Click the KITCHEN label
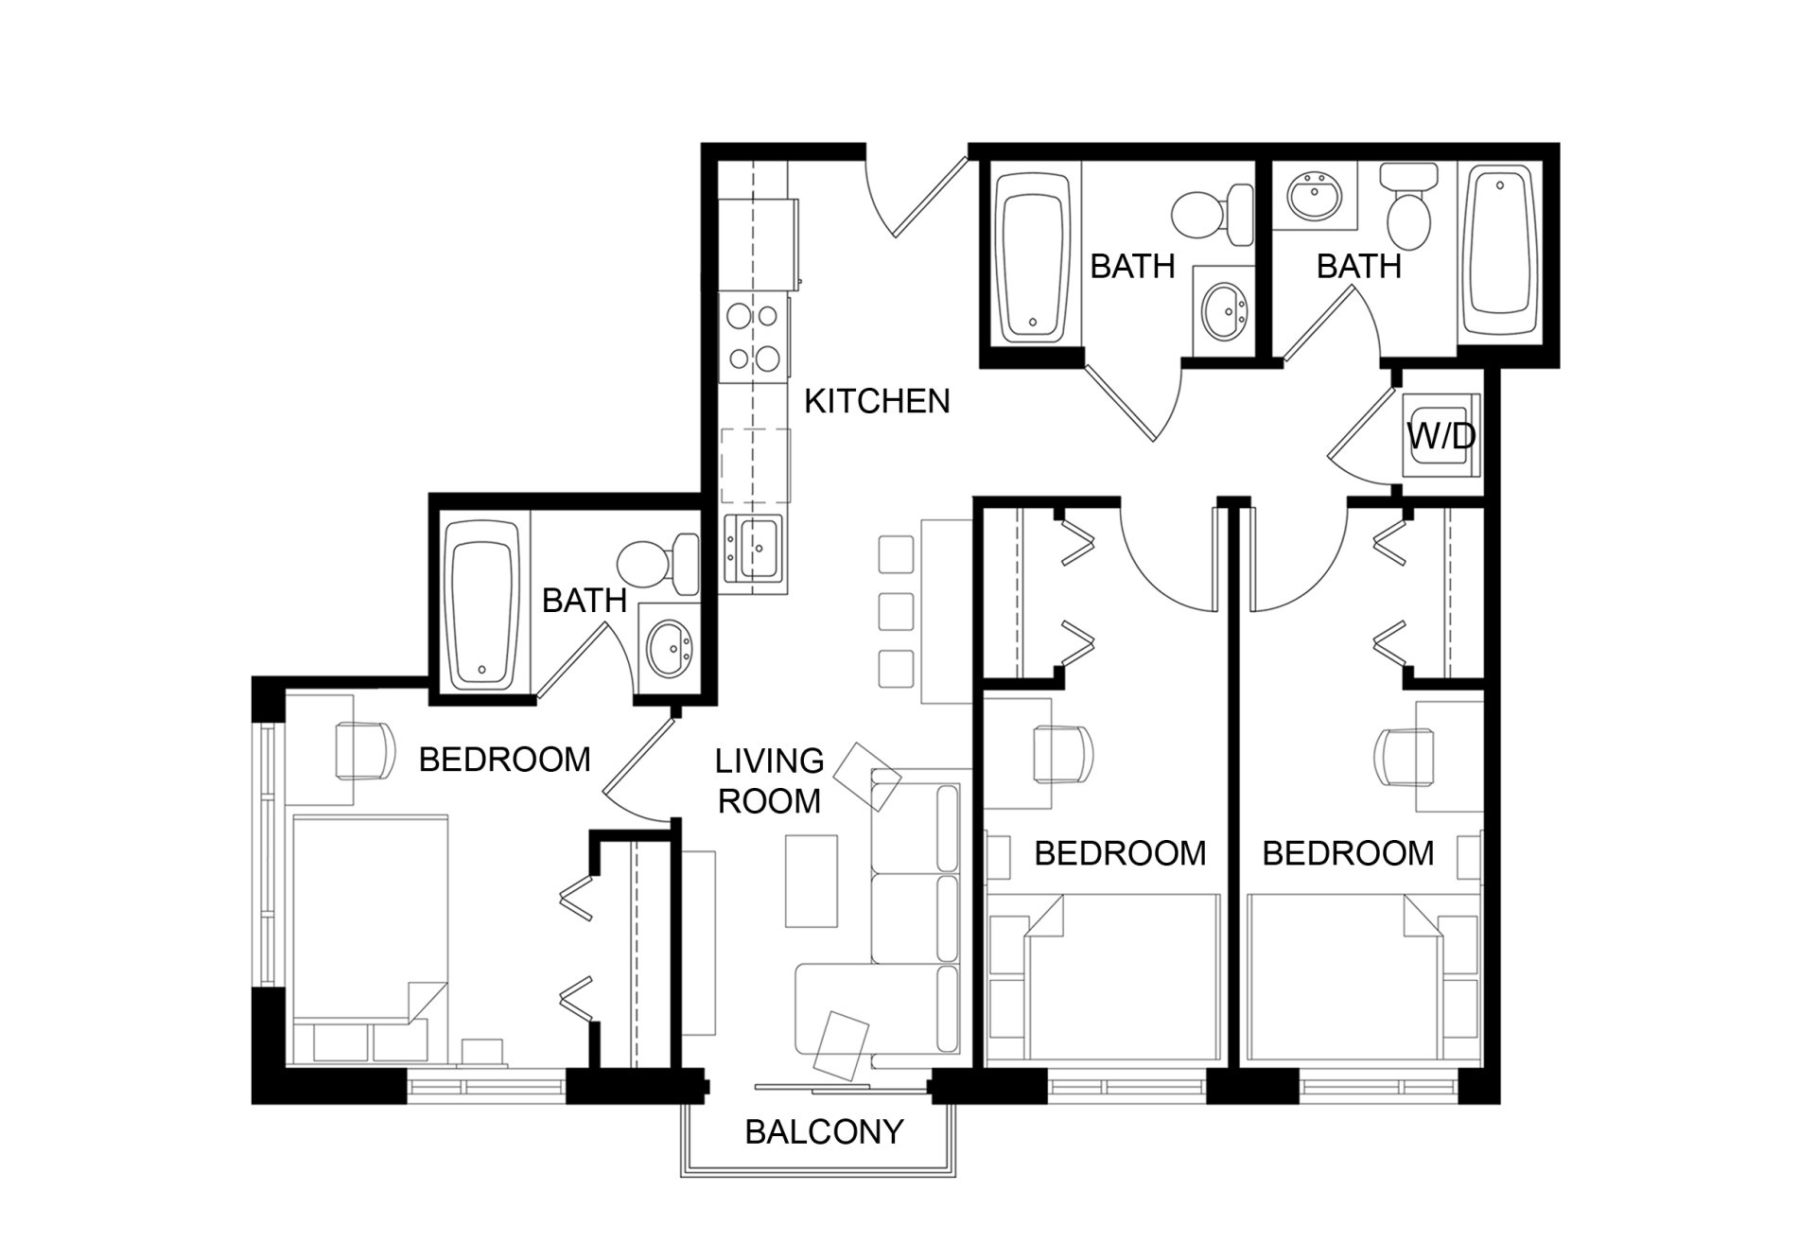tap(877, 401)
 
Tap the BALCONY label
tap(824, 1131)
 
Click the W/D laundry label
tap(1441, 436)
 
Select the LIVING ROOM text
tap(769, 780)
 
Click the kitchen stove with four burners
tap(754, 336)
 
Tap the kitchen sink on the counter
tap(754, 549)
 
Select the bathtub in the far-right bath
tap(1500, 252)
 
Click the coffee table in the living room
tap(812, 881)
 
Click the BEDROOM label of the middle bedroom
tap(1120, 853)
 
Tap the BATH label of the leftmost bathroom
tap(584, 600)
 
